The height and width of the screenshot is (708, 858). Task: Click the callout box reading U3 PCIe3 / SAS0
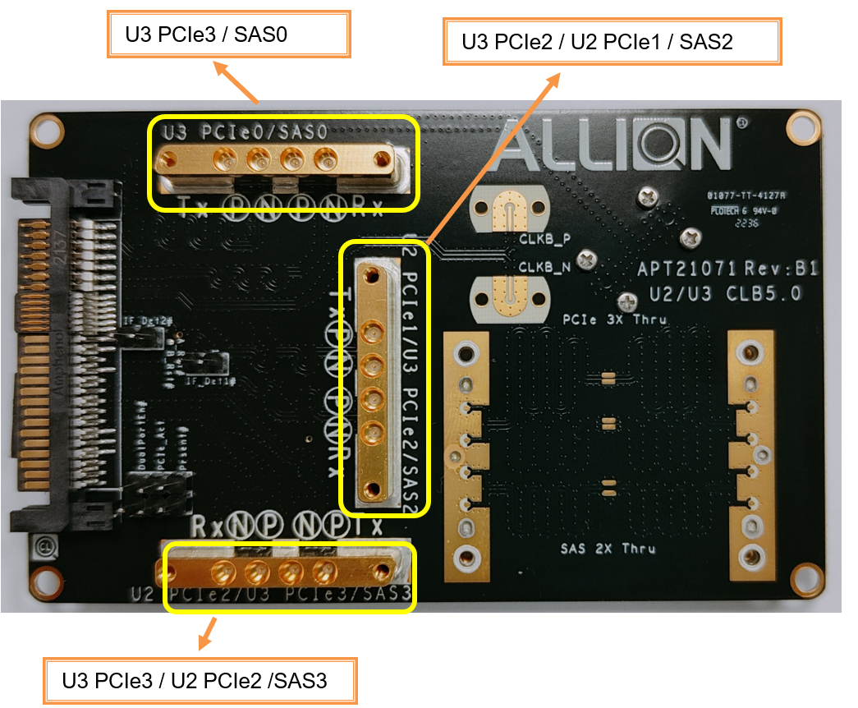click(x=229, y=34)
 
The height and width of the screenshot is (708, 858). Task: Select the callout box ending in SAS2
click(x=612, y=41)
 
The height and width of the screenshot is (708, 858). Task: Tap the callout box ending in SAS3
click(x=200, y=680)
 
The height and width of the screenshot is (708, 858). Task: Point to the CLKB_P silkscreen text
click(x=544, y=241)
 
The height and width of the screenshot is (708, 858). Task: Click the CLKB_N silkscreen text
click(x=544, y=267)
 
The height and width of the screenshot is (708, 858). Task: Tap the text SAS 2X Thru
click(x=608, y=548)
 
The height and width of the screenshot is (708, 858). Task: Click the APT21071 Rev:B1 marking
click(x=727, y=269)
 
